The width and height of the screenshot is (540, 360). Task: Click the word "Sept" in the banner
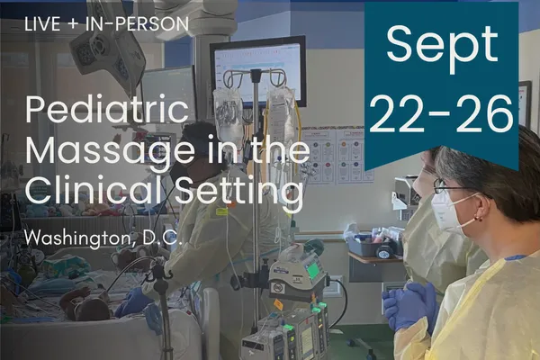[442, 47]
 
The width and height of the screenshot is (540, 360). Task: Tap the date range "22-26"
[441, 113]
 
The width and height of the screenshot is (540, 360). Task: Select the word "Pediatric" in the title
[107, 110]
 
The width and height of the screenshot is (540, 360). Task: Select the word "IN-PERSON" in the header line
[138, 24]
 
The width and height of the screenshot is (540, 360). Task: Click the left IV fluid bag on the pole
[228, 117]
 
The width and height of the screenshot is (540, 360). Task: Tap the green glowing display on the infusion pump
[312, 270]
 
